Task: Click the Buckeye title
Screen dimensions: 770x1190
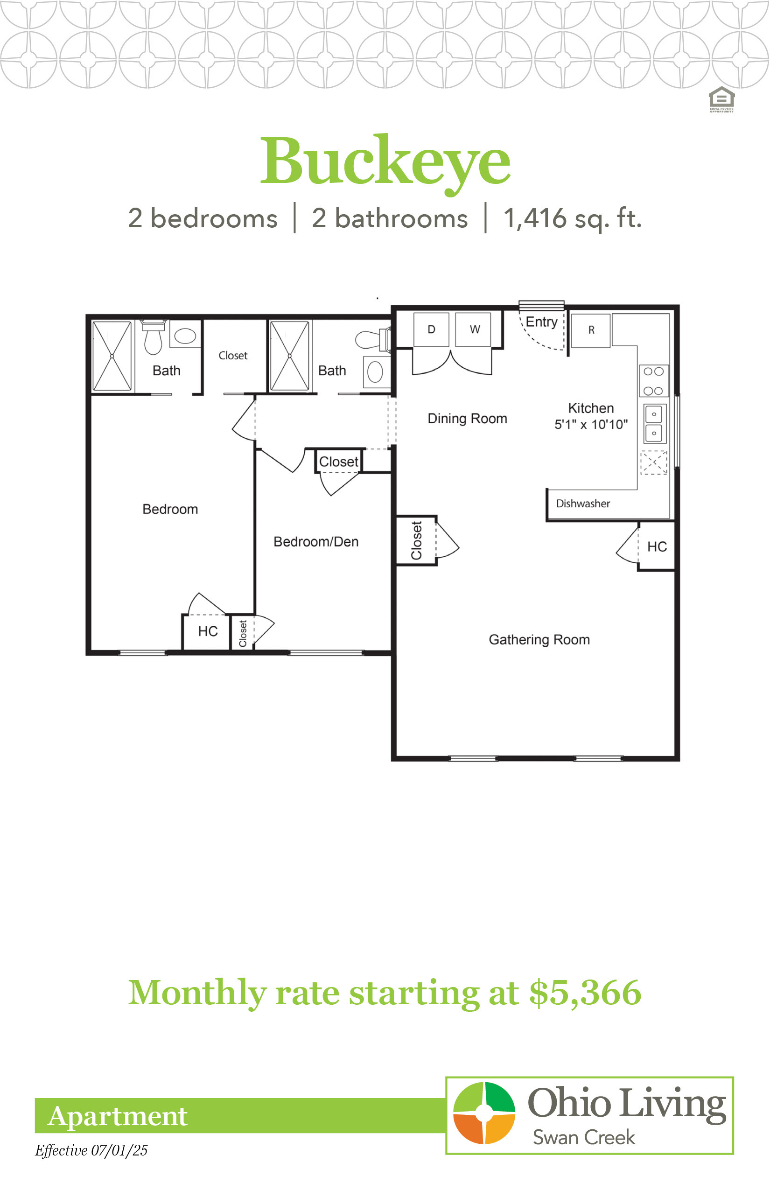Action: coord(385,163)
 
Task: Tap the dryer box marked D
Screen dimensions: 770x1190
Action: coord(432,329)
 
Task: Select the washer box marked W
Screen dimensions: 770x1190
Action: coord(475,329)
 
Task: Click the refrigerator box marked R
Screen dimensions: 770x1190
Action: coord(591,330)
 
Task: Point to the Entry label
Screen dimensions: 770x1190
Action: coord(541,322)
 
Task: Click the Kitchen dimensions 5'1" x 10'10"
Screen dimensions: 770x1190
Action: coord(591,425)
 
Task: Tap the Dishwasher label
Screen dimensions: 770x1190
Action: coord(583,504)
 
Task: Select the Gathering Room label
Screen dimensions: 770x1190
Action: coord(539,640)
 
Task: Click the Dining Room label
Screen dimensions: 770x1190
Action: coord(467,419)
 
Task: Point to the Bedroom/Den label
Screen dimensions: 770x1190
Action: coord(316,541)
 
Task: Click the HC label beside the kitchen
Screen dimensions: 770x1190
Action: coord(657,546)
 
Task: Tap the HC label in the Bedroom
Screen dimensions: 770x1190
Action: coord(208,631)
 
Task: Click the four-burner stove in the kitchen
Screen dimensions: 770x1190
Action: coord(653,381)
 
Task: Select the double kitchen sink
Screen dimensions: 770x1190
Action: coord(654,424)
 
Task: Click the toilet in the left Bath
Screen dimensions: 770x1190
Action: coord(153,337)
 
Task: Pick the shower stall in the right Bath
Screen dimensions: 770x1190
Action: coord(289,356)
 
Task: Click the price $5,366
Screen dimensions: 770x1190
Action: coord(585,993)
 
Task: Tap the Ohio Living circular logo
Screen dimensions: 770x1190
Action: coord(484,1113)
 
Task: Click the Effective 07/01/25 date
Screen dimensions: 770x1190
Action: coord(91,1150)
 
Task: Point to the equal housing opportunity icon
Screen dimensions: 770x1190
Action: coord(721,99)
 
